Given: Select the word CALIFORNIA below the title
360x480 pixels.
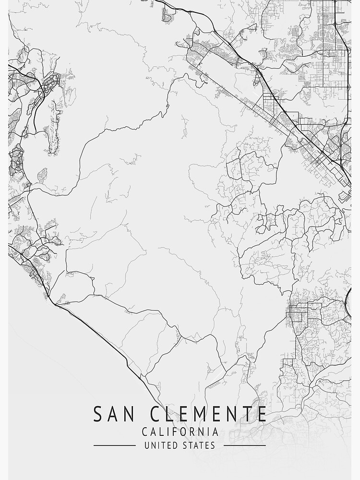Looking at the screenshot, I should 180,432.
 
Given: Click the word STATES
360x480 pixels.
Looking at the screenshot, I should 199,445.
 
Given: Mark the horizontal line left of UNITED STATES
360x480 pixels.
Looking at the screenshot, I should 114,445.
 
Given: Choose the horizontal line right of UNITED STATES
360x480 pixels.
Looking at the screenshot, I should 245,445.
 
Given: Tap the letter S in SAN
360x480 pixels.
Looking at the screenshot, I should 98,414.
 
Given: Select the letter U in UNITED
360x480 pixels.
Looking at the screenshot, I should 147,445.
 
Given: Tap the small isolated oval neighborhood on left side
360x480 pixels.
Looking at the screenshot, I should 42,176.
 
